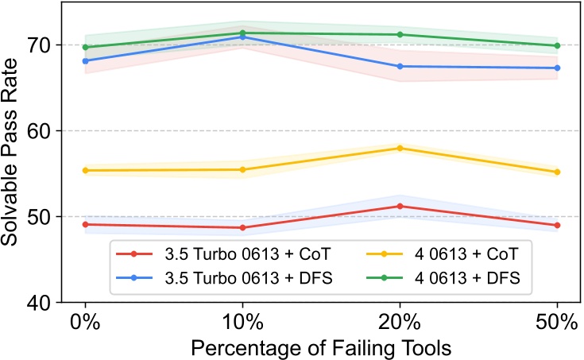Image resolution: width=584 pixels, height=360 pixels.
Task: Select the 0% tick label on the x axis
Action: click(85, 324)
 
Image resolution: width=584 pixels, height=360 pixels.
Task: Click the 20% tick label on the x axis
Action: click(400, 324)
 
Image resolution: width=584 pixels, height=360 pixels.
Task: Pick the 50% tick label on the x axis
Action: click(557, 324)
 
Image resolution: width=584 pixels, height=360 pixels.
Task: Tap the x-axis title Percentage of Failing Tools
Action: click(321, 347)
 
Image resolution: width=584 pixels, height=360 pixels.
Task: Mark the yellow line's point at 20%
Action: click(400, 148)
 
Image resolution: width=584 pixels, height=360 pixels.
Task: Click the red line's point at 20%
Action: click(400, 206)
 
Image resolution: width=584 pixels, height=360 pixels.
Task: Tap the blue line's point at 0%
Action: click(85, 60)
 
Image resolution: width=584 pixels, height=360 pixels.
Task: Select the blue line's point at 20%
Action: click(400, 66)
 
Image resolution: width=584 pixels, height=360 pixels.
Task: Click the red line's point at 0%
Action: click(85, 224)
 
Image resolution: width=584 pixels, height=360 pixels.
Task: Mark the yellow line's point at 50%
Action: click(557, 172)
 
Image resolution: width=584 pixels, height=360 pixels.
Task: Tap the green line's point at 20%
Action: click(400, 34)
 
